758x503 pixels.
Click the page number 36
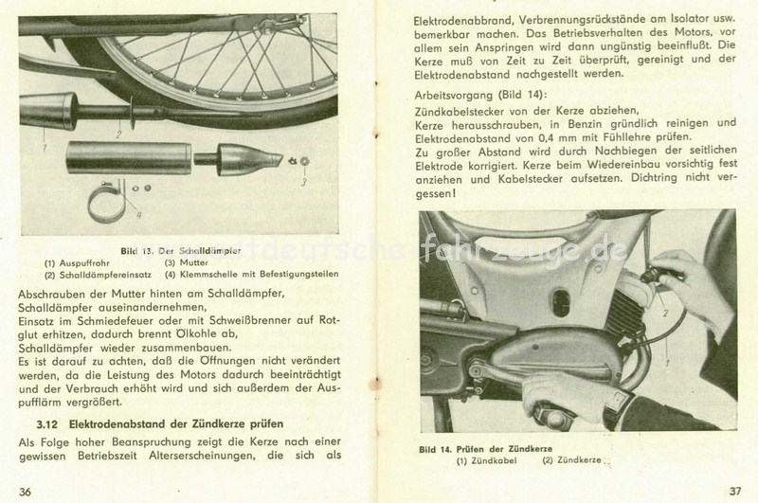[25, 490]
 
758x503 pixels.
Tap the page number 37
[735, 490]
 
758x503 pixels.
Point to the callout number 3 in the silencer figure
[304, 181]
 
